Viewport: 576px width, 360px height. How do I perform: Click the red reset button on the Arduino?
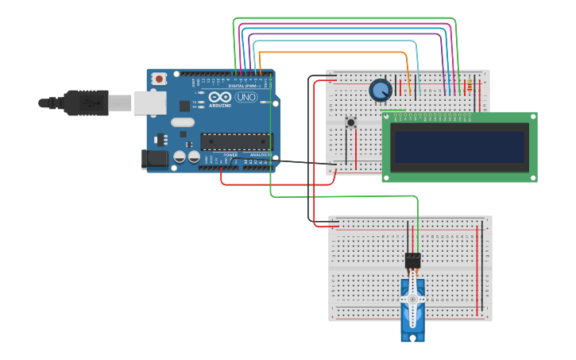point(160,78)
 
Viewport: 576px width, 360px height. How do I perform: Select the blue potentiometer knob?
point(381,91)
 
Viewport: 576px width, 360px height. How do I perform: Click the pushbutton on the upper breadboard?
point(350,122)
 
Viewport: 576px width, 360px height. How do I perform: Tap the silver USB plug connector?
point(119,103)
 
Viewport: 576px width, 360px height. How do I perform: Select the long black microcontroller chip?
point(236,141)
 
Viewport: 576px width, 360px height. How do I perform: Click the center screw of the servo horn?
point(412,299)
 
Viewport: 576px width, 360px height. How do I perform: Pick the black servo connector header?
point(412,260)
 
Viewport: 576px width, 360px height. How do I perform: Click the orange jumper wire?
point(334,52)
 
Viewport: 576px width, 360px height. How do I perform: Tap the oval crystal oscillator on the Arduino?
point(182,122)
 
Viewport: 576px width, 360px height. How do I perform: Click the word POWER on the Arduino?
point(230,155)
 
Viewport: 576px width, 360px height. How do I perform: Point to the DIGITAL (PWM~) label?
point(242,86)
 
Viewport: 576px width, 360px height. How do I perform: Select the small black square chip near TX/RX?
point(184,106)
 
